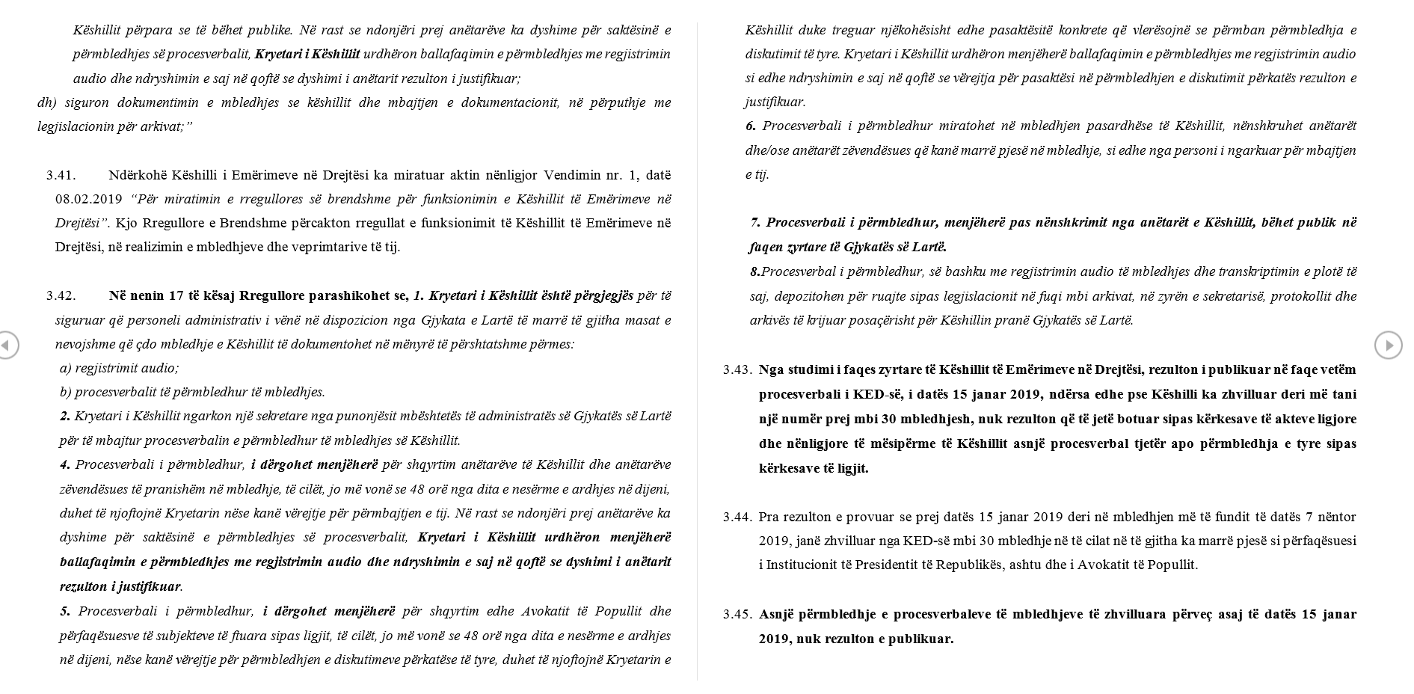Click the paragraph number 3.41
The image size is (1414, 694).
click(x=61, y=175)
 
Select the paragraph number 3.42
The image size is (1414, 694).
click(x=61, y=295)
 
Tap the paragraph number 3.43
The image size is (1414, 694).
click(x=737, y=369)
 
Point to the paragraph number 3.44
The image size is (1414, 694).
click(x=737, y=517)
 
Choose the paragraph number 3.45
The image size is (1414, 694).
click(x=737, y=615)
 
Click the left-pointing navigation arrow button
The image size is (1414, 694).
click(x=7, y=345)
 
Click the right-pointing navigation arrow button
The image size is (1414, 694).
click(x=1389, y=345)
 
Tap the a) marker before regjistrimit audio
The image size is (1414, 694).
click(x=65, y=368)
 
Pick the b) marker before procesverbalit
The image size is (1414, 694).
click(x=65, y=392)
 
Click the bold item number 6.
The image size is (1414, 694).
click(x=750, y=126)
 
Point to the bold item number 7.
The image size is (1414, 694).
click(x=756, y=222)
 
